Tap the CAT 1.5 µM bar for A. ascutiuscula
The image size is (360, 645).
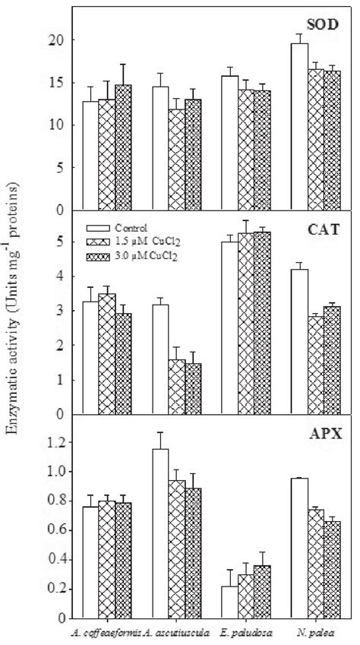tap(176, 387)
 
